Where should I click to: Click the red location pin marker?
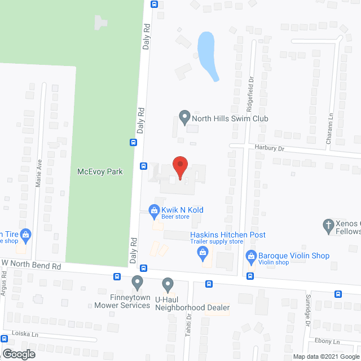click(179, 168)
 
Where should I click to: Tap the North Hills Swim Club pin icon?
click(184, 118)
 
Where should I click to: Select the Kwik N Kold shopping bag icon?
click(153, 211)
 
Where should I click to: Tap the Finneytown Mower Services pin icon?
click(137, 282)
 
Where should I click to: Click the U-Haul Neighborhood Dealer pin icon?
click(168, 284)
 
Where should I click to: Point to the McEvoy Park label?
click(100, 170)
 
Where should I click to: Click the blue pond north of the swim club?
click(206, 54)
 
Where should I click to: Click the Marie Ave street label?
click(39, 168)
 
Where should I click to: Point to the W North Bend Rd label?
click(31, 264)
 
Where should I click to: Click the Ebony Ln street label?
click(328, 341)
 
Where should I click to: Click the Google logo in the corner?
click(18, 354)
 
